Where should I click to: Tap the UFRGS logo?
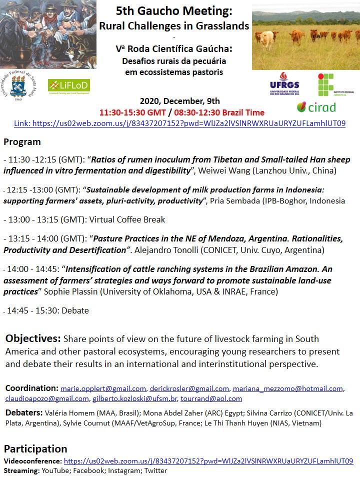(284, 84)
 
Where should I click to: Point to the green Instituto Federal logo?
(333, 84)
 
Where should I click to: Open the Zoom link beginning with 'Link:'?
(179, 123)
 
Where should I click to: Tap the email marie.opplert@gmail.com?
(103, 388)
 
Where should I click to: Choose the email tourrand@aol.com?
(211, 398)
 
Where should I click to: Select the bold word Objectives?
(33, 339)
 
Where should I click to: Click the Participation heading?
(35, 448)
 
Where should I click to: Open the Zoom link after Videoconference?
(208, 461)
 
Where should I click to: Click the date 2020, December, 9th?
(179, 101)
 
